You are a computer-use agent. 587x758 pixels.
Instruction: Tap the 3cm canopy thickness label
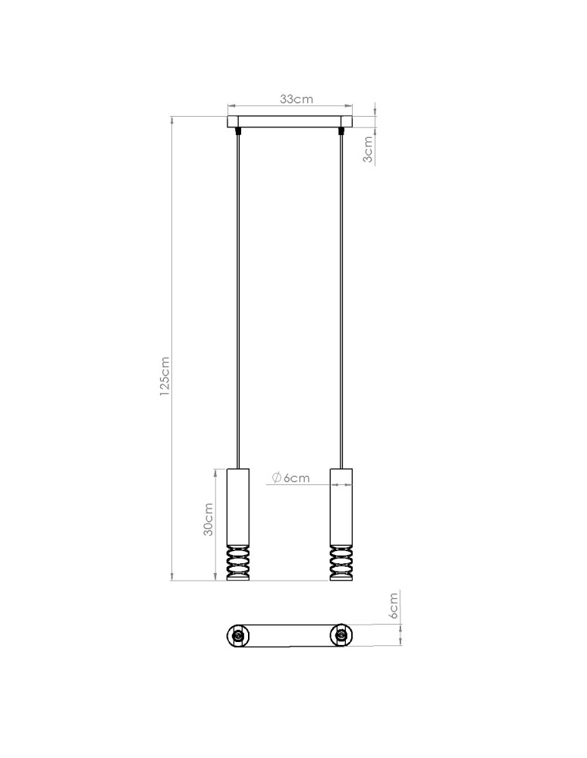(369, 149)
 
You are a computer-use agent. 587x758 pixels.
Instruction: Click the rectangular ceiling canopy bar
(290, 121)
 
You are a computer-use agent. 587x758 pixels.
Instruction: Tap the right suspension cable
(342, 303)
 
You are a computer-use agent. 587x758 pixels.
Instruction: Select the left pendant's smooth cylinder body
(238, 505)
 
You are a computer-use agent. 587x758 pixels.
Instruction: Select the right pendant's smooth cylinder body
(341, 505)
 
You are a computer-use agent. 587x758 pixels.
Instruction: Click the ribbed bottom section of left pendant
(238, 563)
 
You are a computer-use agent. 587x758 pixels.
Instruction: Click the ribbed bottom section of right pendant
(341, 563)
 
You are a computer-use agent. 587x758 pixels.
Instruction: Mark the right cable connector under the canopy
(342, 131)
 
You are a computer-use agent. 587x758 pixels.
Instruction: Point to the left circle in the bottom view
(238, 635)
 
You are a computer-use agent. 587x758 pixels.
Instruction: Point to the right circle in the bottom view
(341, 635)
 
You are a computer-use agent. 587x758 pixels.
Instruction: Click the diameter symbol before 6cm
(276, 478)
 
